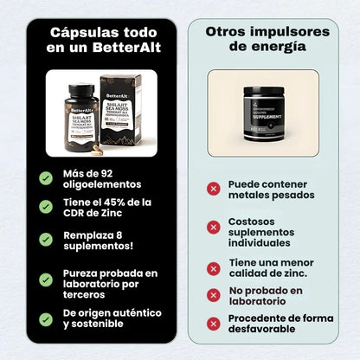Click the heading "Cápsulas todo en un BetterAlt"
101,41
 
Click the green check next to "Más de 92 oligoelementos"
45,177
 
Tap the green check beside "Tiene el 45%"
45,208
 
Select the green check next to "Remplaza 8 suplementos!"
45,240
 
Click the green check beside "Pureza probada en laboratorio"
45,280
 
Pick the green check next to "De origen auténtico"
45,319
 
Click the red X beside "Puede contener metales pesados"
213,189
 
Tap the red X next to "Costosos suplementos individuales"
213,227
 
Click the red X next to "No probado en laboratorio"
213,295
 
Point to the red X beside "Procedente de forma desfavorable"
213,323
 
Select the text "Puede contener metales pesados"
267,190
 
